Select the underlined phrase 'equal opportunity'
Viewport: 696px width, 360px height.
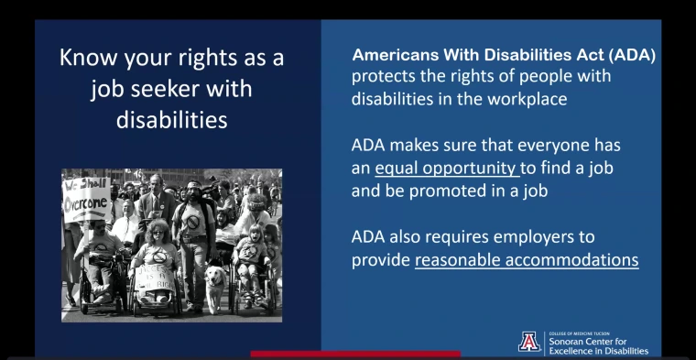tap(447, 168)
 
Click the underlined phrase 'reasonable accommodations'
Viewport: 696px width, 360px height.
tap(527, 259)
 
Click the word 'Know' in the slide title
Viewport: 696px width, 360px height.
tap(87, 58)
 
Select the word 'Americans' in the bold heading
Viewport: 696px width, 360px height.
tap(397, 55)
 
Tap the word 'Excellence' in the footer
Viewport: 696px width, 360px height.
tap(576, 351)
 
